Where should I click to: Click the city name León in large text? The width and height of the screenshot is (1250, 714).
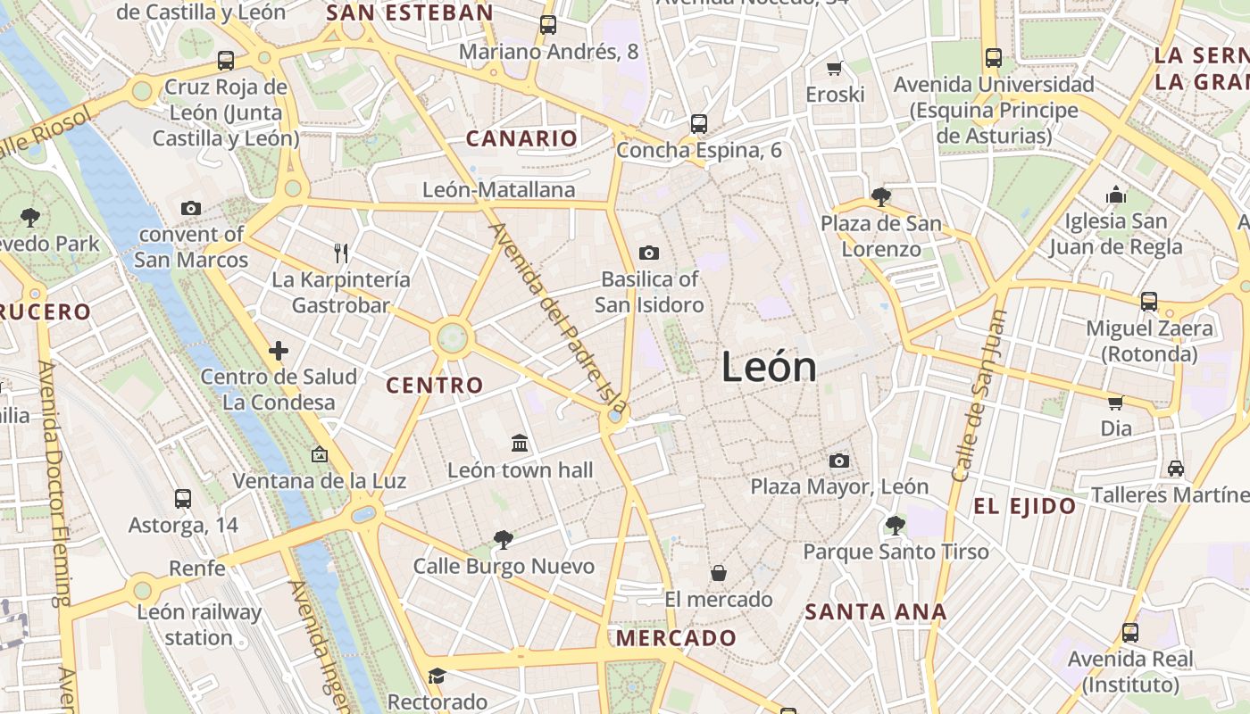click(769, 367)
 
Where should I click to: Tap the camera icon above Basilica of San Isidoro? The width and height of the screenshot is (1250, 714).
click(649, 253)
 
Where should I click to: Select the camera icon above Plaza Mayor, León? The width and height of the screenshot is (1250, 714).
click(838, 461)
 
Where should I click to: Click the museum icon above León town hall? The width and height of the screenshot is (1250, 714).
click(520, 443)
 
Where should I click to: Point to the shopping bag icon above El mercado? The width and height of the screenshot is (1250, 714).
click(718, 573)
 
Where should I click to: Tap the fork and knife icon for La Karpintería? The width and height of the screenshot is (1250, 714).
click(340, 253)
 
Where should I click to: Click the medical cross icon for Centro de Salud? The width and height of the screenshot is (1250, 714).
click(279, 351)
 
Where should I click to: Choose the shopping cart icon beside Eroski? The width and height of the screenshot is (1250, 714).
click(835, 68)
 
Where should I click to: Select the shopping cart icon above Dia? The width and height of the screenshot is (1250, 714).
click(1115, 403)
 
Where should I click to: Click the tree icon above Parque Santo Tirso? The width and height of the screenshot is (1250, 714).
click(895, 525)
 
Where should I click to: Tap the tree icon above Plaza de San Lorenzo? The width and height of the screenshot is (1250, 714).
click(880, 196)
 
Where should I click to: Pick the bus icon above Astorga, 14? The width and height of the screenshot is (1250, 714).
click(183, 498)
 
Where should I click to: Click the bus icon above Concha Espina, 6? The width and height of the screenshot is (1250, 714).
click(698, 123)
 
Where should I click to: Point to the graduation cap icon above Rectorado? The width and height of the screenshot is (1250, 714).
click(437, 676)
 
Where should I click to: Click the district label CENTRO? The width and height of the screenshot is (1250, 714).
click(434, 386)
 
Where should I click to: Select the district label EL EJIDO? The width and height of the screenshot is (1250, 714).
click(1024, 507)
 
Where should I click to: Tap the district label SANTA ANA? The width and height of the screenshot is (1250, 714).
click(875, 612)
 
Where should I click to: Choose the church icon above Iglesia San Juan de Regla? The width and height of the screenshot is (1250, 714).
click(1115, 195)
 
